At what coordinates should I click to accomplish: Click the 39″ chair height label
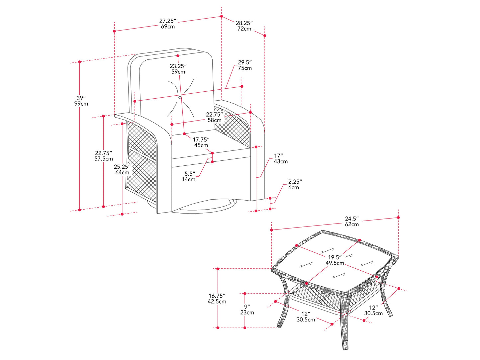point(81,101)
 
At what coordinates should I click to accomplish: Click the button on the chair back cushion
point(180,98)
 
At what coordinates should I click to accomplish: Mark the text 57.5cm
point(104,159)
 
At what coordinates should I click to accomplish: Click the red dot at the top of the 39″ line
point(80,62)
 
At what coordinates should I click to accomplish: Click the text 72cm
point(244,29)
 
